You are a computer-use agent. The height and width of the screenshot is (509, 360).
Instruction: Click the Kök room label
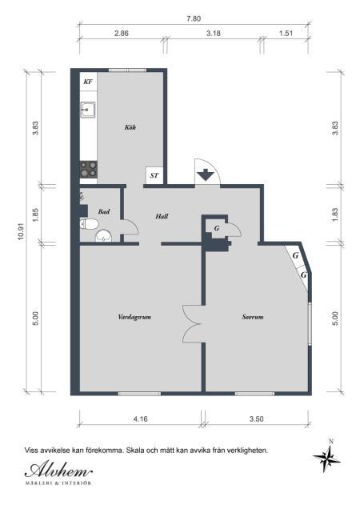(x=130, y=127)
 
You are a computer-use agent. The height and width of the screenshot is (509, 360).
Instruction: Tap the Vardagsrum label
(x=134, y=316)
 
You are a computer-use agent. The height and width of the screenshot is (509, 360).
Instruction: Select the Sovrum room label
(x=253, y=316)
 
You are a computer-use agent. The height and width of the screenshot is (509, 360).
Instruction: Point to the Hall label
(x=162, y=216)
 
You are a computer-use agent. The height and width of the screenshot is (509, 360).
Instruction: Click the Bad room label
(x=104, y=211)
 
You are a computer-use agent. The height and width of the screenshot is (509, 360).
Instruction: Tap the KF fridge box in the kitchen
(x=88, y=82)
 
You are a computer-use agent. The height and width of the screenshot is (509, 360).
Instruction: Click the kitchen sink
(x=88, y=110)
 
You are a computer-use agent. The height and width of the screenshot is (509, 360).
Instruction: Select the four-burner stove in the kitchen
(x=89, y=169)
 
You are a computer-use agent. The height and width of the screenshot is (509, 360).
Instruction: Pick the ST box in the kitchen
(x=154, y=175)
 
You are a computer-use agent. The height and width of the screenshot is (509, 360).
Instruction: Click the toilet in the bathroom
(x=90, y=223)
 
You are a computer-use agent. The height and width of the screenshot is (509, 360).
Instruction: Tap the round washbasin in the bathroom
(x=103, y=236)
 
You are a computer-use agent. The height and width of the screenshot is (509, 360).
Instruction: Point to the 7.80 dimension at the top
(x=194, y=19)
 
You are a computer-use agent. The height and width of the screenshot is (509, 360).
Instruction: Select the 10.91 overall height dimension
(x=21, y=232)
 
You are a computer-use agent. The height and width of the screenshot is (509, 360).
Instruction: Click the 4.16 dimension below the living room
(x=140, y=419)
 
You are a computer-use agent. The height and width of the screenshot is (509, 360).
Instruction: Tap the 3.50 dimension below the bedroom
(x=257, y=419)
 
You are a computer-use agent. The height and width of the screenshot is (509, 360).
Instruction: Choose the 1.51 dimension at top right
(x=286, y=33)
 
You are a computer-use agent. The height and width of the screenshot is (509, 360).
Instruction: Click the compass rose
(x=327, y=457)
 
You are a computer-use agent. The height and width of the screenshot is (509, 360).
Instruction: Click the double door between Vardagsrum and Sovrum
(x=193, y=324)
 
